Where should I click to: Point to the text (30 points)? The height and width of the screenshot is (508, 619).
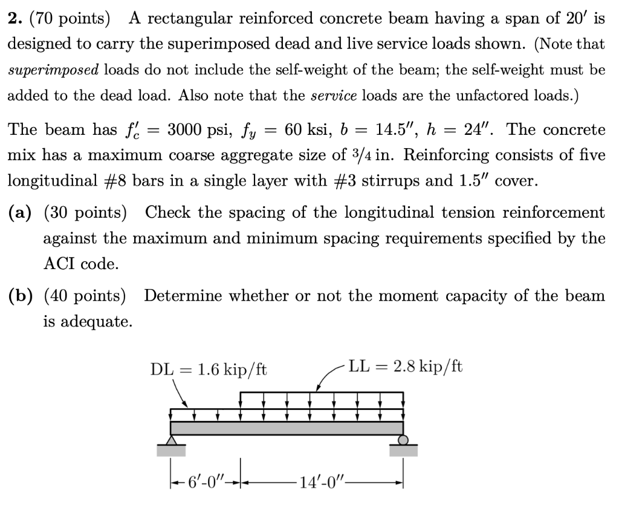pyautogui.click(x=85, y=213)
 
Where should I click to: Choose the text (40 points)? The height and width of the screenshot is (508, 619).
pyautogui.click(x=85, y=296)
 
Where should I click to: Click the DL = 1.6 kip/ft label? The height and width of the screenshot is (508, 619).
pyautogui.click(x=208, y=369)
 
